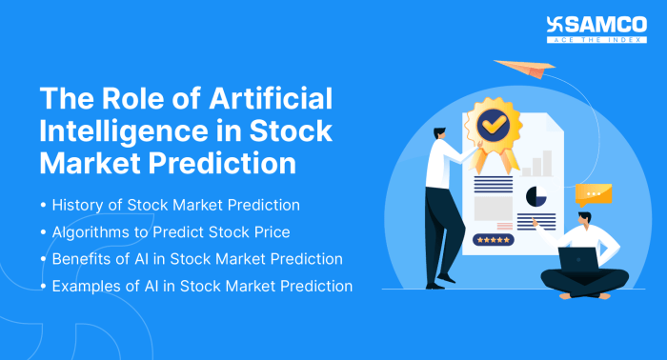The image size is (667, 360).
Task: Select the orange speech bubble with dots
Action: point(594,194)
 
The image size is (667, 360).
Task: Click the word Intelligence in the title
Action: point(115,131)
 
